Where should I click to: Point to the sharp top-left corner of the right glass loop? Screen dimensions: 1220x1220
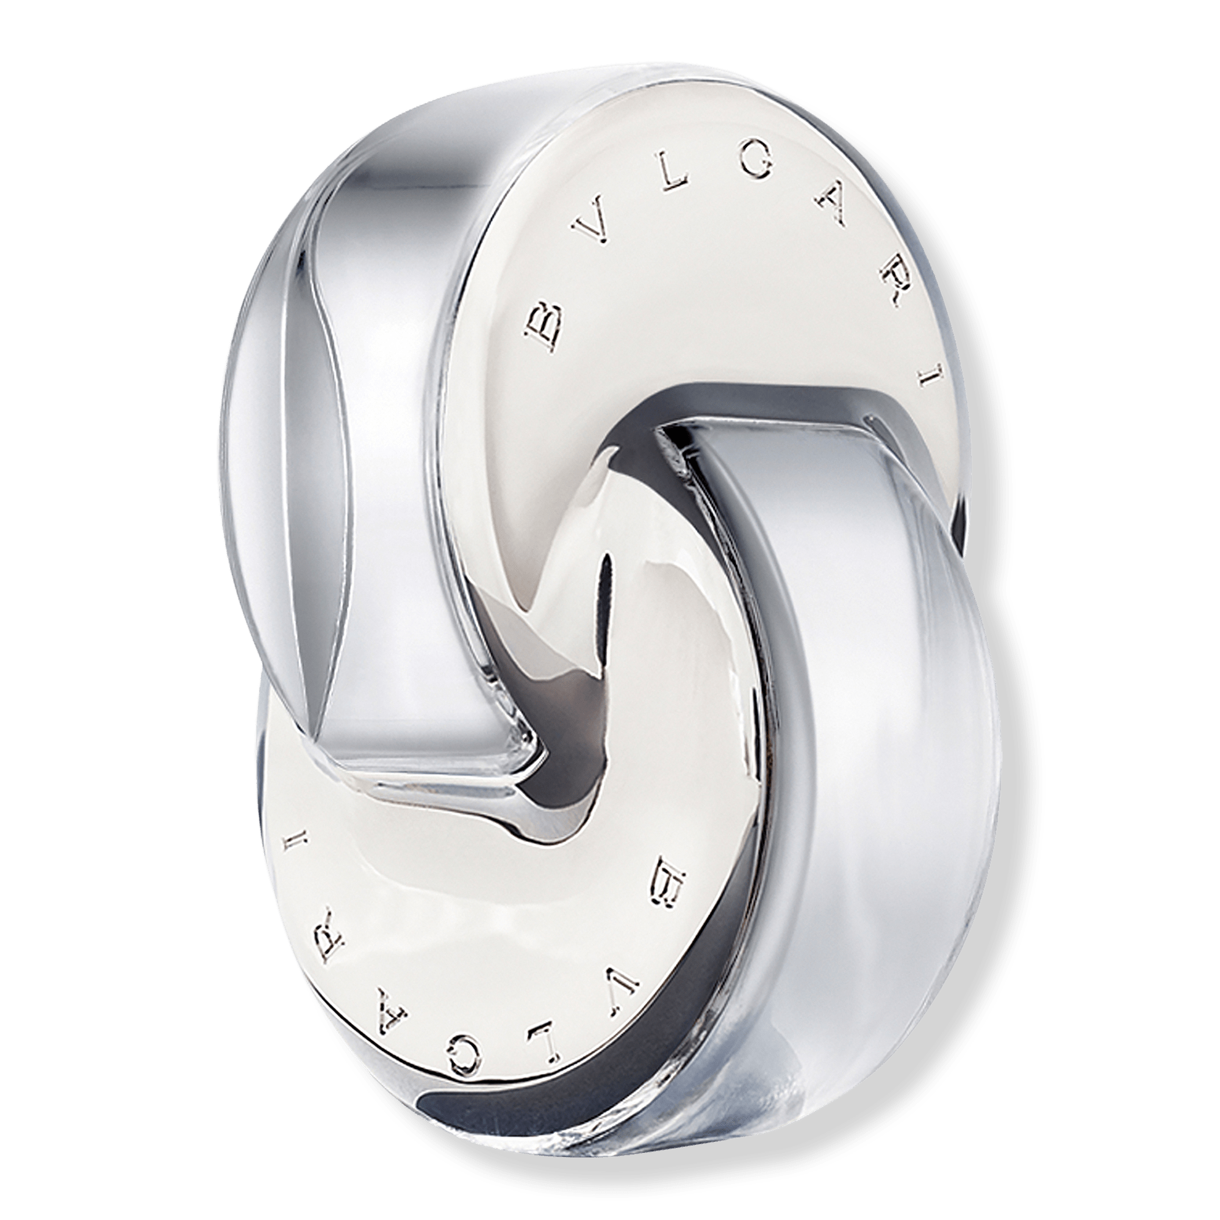click(663, 429)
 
